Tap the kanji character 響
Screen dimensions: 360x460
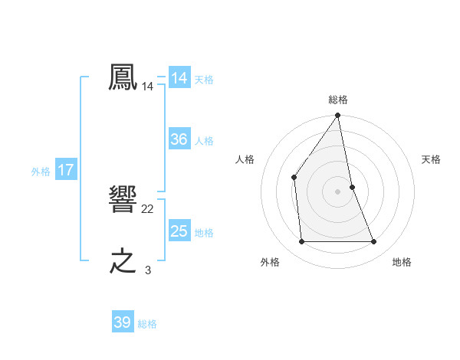123,200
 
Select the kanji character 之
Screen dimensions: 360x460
123,260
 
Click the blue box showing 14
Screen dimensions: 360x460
179,78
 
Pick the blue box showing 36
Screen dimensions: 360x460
179,139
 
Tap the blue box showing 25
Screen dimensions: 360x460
179,231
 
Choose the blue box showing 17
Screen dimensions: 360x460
65,170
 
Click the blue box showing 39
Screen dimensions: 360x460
122,322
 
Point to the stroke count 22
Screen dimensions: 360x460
148,209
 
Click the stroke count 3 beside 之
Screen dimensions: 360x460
148,270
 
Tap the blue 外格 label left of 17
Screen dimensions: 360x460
41,172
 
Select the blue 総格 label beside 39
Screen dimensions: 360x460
147,324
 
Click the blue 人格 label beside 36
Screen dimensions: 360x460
204,141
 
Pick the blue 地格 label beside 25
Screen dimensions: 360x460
204,233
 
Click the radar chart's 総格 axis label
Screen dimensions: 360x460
338,100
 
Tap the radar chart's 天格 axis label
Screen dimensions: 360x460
431,159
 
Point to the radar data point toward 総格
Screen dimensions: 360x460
338,116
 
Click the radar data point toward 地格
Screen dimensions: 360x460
374,242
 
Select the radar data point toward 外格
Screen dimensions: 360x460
301,242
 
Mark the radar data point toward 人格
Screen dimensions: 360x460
294,178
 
